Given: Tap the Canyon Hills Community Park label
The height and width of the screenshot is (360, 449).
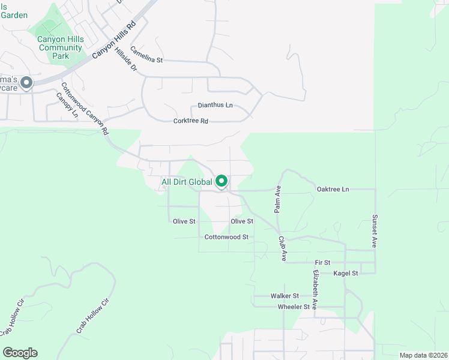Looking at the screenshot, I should click(60, 48).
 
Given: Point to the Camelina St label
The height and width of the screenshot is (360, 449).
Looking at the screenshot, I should click(146, 55).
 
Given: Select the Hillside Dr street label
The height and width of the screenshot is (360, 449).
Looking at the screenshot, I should click(125, 60).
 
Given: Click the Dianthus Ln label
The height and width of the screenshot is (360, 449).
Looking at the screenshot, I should click(215, 105).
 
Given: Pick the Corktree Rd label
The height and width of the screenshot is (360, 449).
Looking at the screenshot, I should click(190, 121).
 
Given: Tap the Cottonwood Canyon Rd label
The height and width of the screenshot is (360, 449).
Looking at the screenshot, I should click(84, 108).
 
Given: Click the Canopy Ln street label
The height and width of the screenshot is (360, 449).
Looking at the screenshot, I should click(67, 106).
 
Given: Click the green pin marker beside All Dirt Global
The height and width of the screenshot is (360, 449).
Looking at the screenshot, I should click(221, 181).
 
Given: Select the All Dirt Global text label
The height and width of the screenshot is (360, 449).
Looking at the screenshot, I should click(187, 182).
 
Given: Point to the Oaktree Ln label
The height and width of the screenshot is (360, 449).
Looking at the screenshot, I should click(333, 190).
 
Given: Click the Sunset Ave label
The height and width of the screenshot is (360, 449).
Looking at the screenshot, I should click(374, 232).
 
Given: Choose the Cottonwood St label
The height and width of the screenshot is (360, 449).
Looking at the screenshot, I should click(226, 237).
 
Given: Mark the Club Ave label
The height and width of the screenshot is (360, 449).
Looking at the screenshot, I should click(282, 248).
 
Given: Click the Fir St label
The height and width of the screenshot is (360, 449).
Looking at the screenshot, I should click(322, 263).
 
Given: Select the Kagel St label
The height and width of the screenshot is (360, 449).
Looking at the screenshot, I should click(346, 273).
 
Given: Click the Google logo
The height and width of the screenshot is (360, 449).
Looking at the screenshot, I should click(20, 353).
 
